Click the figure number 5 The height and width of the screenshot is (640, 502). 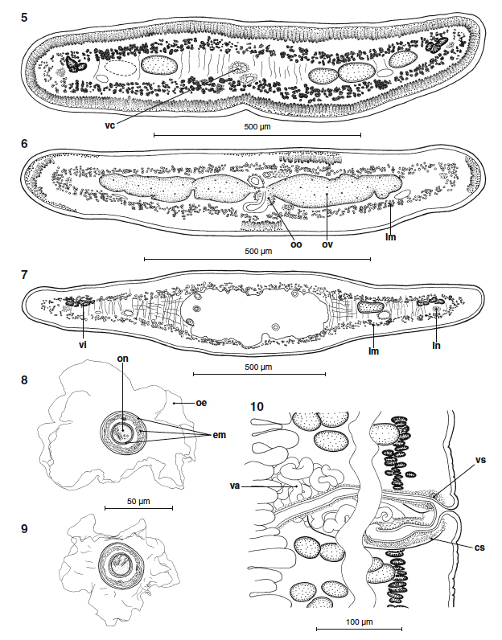tap(26, 15)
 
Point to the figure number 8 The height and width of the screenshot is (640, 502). tap(26, 376)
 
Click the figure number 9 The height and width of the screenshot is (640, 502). tap(26, 528)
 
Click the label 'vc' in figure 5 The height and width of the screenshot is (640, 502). tap(110, 126)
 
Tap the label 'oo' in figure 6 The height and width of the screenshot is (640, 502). tap(295, 244)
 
